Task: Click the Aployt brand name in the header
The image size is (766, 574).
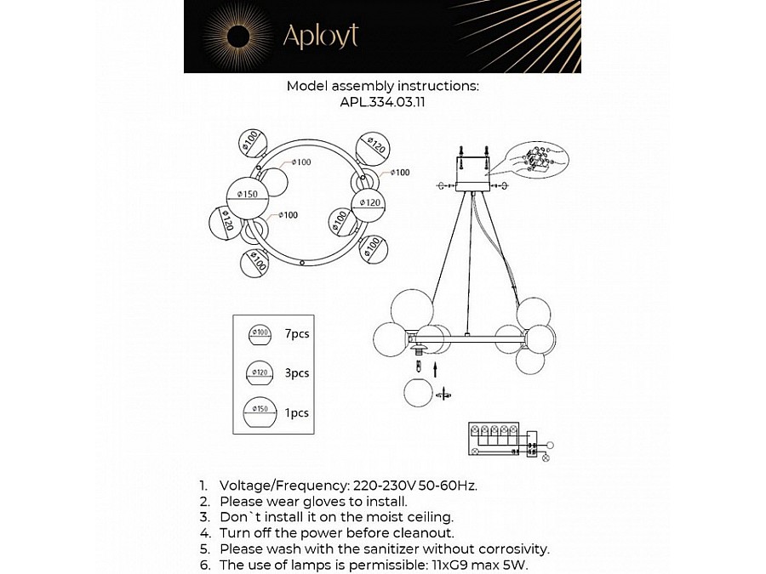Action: pos(320,36)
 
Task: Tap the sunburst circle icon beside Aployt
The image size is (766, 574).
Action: pos(237,36)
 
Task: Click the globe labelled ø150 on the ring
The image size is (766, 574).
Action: pos(247,195)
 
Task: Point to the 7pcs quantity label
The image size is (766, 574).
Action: pos(296,334)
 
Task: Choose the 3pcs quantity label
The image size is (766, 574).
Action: pos(296,373)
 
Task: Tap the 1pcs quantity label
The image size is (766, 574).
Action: pos(296,413)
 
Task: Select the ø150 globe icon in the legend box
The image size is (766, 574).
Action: pos(260,413)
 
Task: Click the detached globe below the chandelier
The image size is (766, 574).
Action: pos(418,394)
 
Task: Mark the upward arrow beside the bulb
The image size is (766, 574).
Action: pos(437,368)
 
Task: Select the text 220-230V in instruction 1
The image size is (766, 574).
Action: pos(381,485)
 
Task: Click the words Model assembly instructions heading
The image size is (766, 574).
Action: pos(382,86)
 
